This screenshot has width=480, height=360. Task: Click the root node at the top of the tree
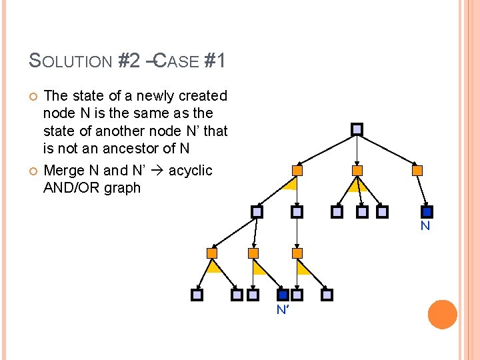tap(357, 129)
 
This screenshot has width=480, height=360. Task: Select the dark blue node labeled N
tap(427, 212)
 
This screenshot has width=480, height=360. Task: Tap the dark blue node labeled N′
tap(283, 295)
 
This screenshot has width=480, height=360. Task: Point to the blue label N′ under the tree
tap(283, 309)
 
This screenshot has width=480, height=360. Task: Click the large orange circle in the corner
tap(443, 315)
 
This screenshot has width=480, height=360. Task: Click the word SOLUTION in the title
tap(71, 62)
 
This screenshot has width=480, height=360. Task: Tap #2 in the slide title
tap(129, 62)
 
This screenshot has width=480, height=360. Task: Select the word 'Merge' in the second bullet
tap(62, 171)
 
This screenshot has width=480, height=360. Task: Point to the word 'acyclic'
tap(190, 171)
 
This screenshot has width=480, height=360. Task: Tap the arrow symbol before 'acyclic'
tap(158, 171)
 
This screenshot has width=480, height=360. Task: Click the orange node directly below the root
tap(357, 171)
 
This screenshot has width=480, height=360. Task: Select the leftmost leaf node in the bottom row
tap(197, 295)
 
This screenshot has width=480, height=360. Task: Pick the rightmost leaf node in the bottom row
tap(327, 295)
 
